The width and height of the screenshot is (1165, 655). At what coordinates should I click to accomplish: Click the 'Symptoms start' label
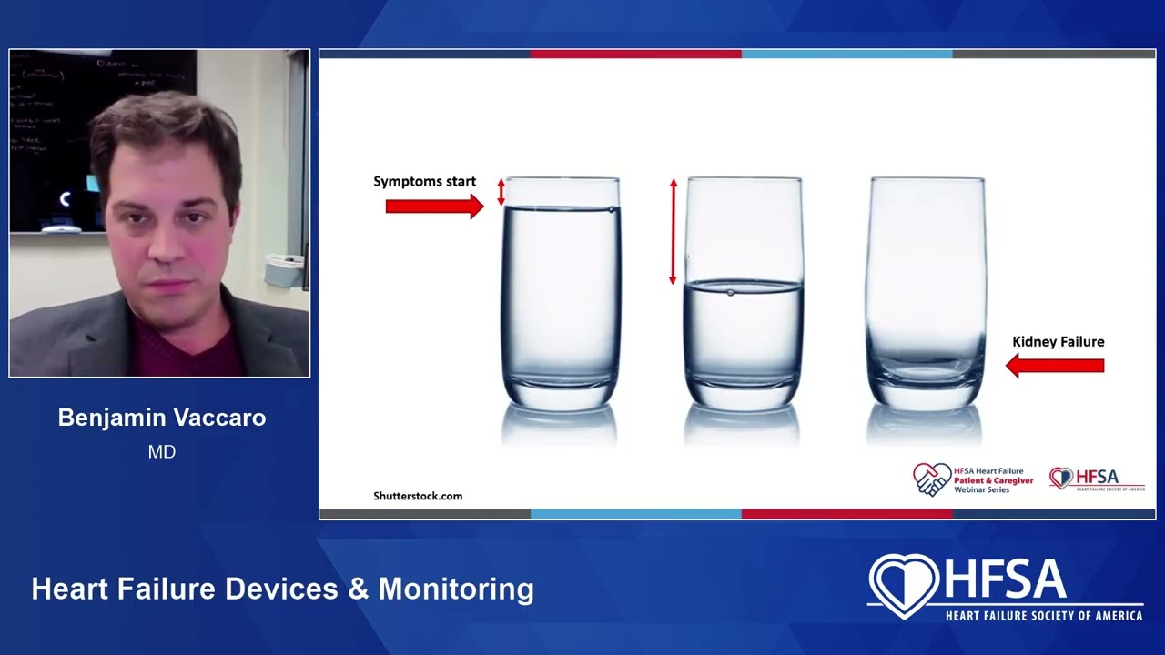[x=424, y=182]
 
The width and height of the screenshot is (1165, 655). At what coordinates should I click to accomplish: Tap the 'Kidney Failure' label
[x=1058, y=342]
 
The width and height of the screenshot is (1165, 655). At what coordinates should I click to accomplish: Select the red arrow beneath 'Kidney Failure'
[x=1055, y=366]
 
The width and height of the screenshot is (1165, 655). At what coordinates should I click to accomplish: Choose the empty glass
[x=927, y=291]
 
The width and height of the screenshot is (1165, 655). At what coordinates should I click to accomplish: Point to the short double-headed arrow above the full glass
[x=501, y=191]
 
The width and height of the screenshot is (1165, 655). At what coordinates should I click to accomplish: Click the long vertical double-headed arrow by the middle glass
[x=674, y=232]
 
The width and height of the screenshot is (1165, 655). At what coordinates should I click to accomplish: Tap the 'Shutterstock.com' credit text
[x=418, y=496]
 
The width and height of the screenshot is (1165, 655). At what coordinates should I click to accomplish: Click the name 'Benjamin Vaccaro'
[x=162, y=418]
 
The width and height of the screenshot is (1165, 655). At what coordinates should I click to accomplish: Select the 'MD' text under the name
[x=162, y=452]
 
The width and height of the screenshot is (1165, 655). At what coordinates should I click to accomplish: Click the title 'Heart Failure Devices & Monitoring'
[x=282, y=589]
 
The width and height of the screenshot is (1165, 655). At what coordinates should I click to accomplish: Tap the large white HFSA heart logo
[x=904, y=585]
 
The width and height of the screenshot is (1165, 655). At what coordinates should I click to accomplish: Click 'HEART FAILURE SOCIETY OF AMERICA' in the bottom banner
[x=1044, y=616]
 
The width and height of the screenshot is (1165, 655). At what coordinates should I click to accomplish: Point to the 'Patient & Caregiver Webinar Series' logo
[x=973, y=479]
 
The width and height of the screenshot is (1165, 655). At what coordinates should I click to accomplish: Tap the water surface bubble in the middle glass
[x=731, y=292]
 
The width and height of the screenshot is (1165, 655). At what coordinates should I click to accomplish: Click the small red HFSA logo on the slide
[x=1096, y=479]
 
